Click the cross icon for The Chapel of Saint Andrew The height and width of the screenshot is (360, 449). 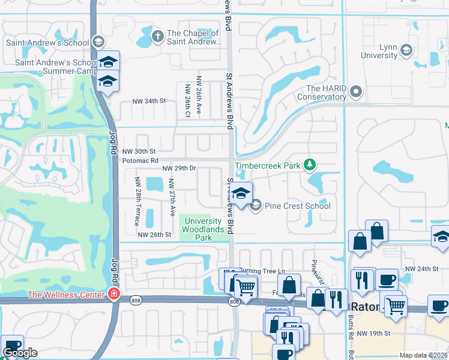point(157,35)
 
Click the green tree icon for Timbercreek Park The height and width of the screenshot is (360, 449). point(309,164)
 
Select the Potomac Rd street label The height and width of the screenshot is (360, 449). point(139,161)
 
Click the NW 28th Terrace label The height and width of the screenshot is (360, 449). point(137,202)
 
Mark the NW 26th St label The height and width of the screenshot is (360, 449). point(154,235)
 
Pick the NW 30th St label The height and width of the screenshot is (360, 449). point(139,152)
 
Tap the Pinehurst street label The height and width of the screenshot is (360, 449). point(313,269)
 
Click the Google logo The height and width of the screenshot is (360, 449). point(20,353)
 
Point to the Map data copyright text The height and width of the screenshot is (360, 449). point(423,355)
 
